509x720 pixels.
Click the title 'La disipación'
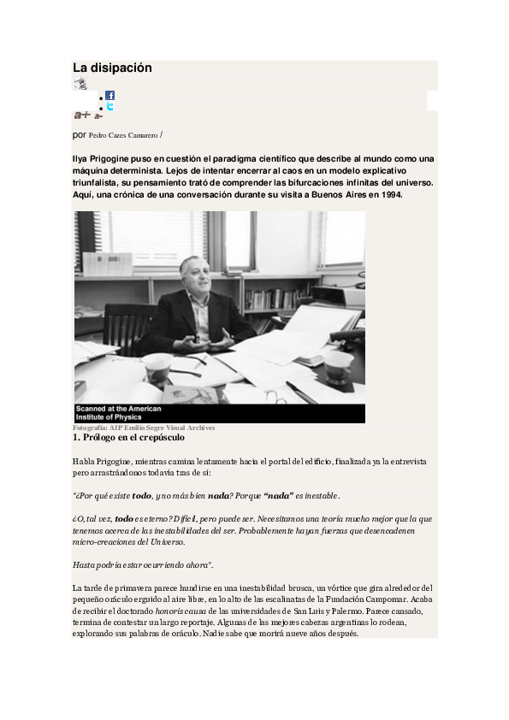click(112, 68)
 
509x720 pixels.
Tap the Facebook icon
click(109, 96)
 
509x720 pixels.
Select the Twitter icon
click(109, 107)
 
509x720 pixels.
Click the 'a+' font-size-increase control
click(82, 115)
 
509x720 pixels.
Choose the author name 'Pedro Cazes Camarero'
click(122, 135)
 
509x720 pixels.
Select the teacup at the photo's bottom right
click(338, 366)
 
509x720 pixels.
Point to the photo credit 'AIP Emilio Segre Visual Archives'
click(163, 428)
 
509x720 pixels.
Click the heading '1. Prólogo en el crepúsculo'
click(128, 438)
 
